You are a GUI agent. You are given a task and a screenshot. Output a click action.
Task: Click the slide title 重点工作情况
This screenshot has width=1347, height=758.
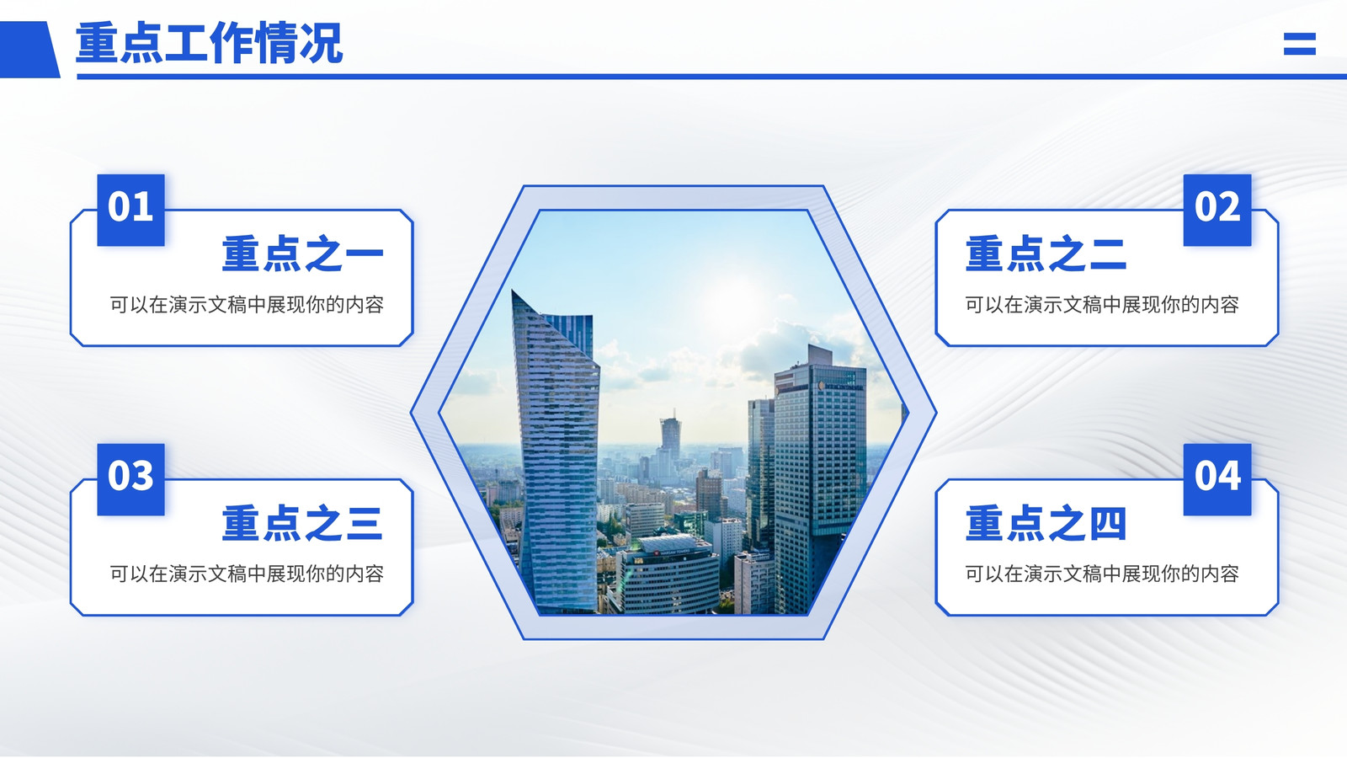(x=210, y=43)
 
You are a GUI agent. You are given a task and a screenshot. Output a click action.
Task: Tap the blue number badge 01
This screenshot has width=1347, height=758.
(x=130, y=210)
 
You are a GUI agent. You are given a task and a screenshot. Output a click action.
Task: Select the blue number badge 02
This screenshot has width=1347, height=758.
(x=1217, y=210)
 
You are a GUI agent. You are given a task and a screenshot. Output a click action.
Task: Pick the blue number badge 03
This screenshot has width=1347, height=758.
(x=130, y=479)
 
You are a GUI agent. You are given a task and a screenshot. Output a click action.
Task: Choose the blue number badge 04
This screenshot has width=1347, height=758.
(x=1217, y=479)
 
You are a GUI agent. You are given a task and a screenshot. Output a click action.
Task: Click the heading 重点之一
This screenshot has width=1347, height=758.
(x=302, y=254)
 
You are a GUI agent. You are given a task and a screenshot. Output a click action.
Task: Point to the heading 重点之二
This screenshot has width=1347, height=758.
(x=1046, y=254)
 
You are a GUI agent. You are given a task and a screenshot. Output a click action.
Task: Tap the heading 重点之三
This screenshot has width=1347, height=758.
(x=302, y=523)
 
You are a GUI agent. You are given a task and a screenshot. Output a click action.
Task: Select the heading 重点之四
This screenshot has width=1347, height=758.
(x=1046, y=523)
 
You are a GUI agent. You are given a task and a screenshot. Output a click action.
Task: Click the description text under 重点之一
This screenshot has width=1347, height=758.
(x=247, y=305)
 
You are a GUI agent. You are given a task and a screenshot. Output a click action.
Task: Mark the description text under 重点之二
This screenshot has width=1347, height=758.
(x=1102, y=305)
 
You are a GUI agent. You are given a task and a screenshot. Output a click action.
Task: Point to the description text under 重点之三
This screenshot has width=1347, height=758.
(x=247, y=574)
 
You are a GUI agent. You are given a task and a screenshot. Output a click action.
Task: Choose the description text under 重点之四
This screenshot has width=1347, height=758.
(x=1102, y=574)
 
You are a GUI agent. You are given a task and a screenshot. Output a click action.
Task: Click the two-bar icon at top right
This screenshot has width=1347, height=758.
(x=1300, y=43)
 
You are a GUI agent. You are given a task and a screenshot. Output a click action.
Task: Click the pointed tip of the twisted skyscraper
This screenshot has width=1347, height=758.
(x=513, y=291)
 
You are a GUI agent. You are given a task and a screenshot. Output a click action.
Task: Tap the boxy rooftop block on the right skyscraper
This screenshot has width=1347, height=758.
(x=820, y=355)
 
